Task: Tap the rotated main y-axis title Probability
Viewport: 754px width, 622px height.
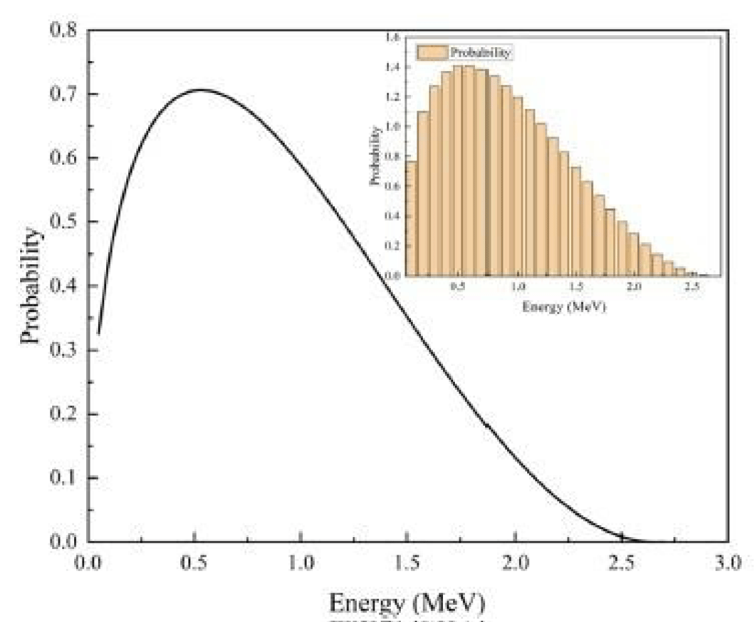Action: click(30, 286)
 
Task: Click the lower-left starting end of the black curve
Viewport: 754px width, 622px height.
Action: click(99, 333)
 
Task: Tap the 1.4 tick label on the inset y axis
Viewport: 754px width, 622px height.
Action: click(393, 67)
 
